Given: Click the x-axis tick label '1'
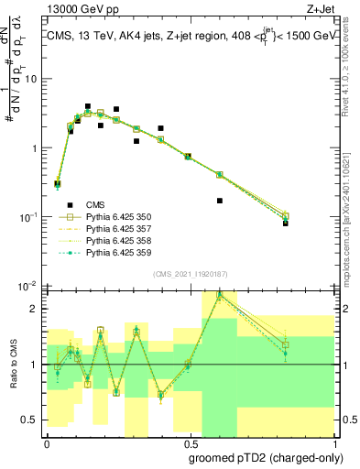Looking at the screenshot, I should pos(334,441).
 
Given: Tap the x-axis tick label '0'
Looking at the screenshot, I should pos(46,441).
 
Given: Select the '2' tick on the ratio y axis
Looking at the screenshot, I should pos(36,309).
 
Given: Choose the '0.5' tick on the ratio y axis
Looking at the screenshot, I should pos(31,420).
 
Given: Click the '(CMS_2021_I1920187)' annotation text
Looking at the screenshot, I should pos(190,274).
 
